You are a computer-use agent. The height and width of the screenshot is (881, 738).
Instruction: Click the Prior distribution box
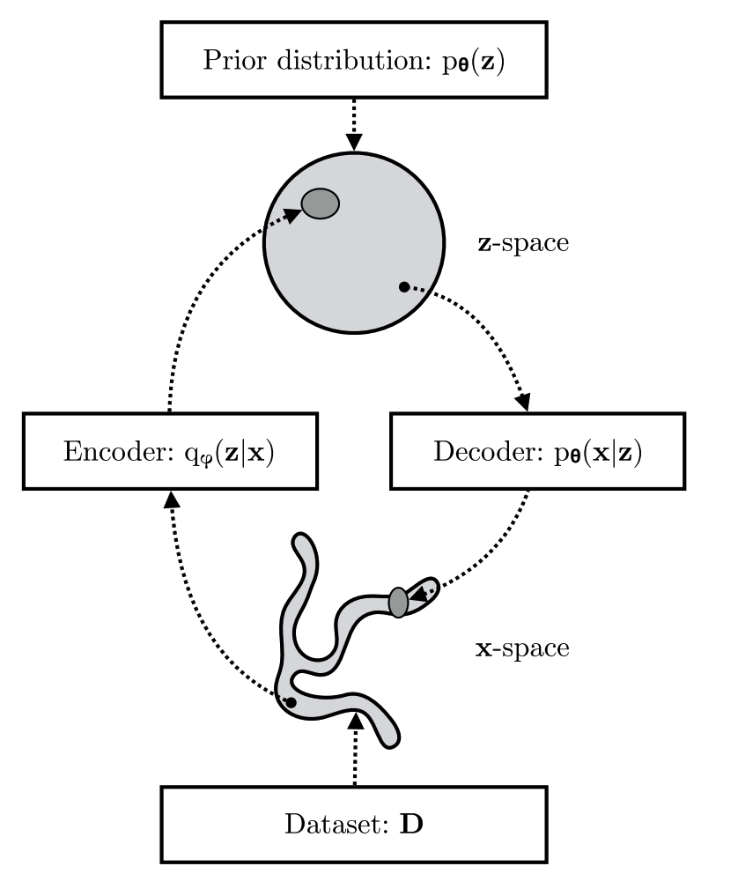click(x=353, y=60)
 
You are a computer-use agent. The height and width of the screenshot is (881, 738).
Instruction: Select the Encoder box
click(x=169, y=452)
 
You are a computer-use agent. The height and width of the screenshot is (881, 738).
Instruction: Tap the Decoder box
click(x=537, y=452)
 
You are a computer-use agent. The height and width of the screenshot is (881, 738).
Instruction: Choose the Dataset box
click(x=353, y=825)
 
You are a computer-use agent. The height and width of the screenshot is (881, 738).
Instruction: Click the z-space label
click(x=523, y=243)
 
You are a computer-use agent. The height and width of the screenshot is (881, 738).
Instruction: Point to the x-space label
click(x=523, y=649)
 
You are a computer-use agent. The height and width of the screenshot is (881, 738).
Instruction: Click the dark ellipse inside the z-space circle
click(x=321, y=204)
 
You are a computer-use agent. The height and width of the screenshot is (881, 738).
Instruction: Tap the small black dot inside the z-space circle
click(x=403, y=286)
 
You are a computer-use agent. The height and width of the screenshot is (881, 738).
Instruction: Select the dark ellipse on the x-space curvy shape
click(x=398, y=602)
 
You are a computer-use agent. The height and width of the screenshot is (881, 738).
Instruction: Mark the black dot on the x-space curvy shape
click(x=291, y=702)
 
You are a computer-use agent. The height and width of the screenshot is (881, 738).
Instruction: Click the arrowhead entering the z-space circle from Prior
click(x=353, y=142)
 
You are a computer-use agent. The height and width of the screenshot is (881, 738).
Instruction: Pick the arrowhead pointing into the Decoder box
click(x=523, y=402)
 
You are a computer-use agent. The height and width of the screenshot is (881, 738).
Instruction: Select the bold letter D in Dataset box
click(x=411, y=825)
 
